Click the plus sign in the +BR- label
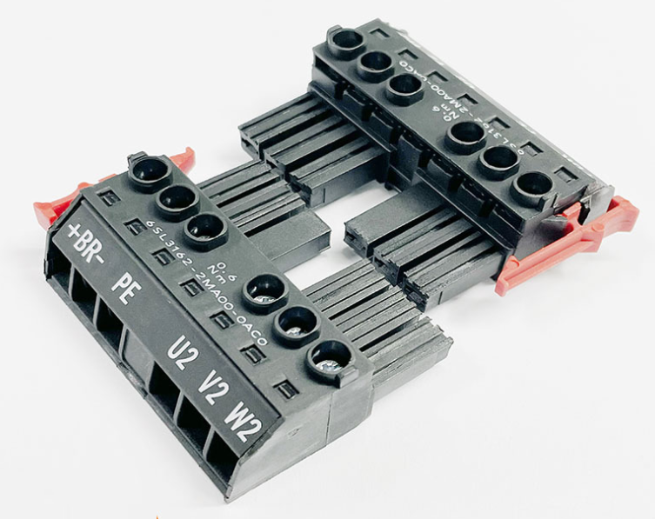tap(74, 231)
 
